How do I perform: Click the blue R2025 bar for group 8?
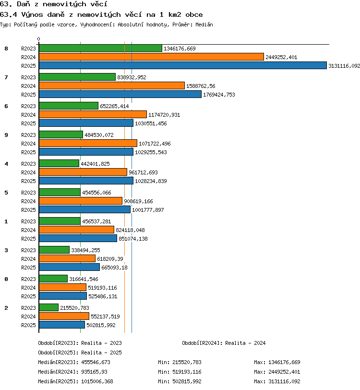(183, 65)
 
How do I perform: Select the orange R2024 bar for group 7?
(112, 85)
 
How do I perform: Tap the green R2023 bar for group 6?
(69, 106)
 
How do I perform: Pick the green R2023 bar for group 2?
(49, 307)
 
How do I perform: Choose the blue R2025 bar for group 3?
(70, 267)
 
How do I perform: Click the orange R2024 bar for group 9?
(88, 143)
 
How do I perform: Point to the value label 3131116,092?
(344, 66)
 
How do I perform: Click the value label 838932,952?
(132, 77)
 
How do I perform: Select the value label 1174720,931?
(164, 115)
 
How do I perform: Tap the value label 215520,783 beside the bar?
(74, 308)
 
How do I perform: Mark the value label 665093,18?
(114, 268)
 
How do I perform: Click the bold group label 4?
(6, 164)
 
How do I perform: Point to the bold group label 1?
(6, 221)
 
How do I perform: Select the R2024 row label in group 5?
(28, 201)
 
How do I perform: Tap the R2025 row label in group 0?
(28, 296)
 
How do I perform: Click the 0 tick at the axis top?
(38, 39)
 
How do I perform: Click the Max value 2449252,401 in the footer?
(284, 372)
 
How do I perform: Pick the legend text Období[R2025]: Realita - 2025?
(80, 353)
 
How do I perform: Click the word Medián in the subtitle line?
(204, 24)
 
